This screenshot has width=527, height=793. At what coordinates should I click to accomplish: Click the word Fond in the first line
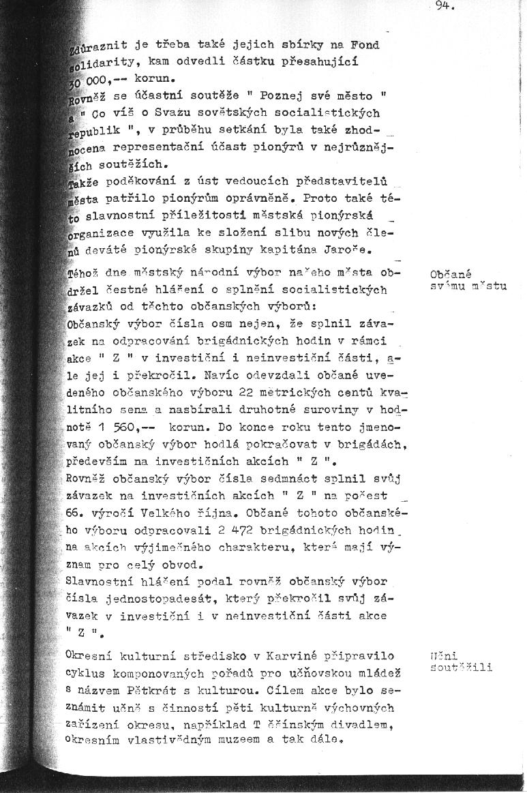(x=365, y=45)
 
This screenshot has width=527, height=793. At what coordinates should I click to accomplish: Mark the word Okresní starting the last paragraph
(x=89, y=656)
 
